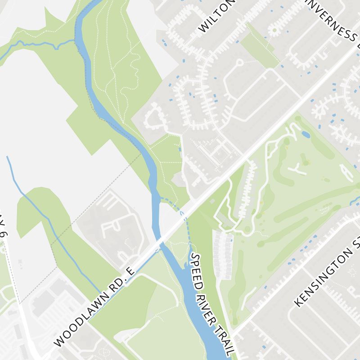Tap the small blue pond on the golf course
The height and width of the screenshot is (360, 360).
tap(306, 135)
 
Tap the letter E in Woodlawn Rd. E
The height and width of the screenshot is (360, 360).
tap(130, 271)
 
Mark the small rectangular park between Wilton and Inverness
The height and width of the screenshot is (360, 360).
tap(260, 45)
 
